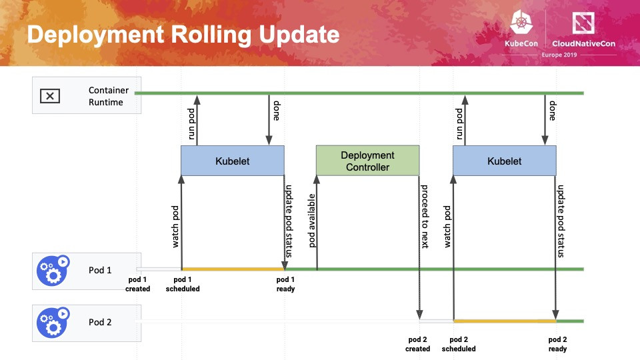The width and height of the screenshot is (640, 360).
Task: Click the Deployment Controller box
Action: pos(367,161)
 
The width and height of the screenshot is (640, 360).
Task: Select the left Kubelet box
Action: pos(232,161)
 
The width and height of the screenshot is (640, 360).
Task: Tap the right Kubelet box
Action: pos(504,161)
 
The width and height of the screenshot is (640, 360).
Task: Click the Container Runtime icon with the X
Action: pos(50,95)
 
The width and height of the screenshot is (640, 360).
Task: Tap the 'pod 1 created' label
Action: pos(138,284)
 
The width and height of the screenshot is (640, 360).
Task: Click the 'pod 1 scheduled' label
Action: pos(183,284)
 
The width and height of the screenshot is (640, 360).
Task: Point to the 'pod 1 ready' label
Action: pos(285,284)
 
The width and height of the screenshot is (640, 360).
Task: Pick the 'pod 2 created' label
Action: pos(417,344)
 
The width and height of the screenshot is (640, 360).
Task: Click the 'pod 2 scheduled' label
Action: pos(459,344)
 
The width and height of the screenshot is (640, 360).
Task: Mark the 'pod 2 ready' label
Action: pos(557,344)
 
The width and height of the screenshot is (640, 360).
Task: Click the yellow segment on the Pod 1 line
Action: pos(233,269)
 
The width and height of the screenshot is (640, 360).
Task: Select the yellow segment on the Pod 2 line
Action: pos(504,321)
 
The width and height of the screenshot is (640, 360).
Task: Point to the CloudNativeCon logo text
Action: pos(584,44)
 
